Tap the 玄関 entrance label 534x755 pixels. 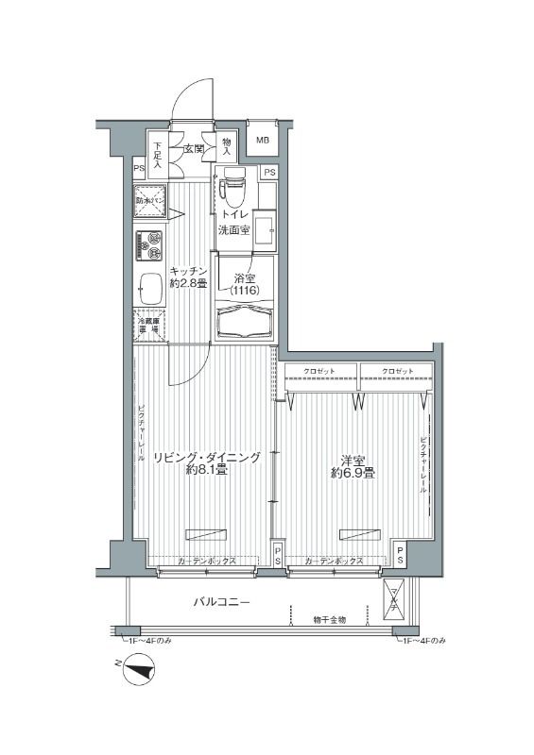pyautogui.click(x=194, y=148)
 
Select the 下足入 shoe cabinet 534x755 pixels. pyautogui.click(x=158, y=156)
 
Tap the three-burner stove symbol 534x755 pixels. pyautogui.click(x=149, y=246)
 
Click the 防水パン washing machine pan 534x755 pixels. pyautogui.click(x=150, y=201)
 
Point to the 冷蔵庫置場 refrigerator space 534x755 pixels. pyautogui.click(x=149, y=323)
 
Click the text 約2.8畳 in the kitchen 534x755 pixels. pyautogui.click(x=188, y=284)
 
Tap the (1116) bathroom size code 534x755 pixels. pyautogui.click(x=245, y=292)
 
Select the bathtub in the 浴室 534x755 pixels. pyautogui.click(x=245, y=324)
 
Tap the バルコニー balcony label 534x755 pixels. pyautogui.click(x=222, y=601)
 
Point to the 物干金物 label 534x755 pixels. pyautogui.click(x=330, y=620)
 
